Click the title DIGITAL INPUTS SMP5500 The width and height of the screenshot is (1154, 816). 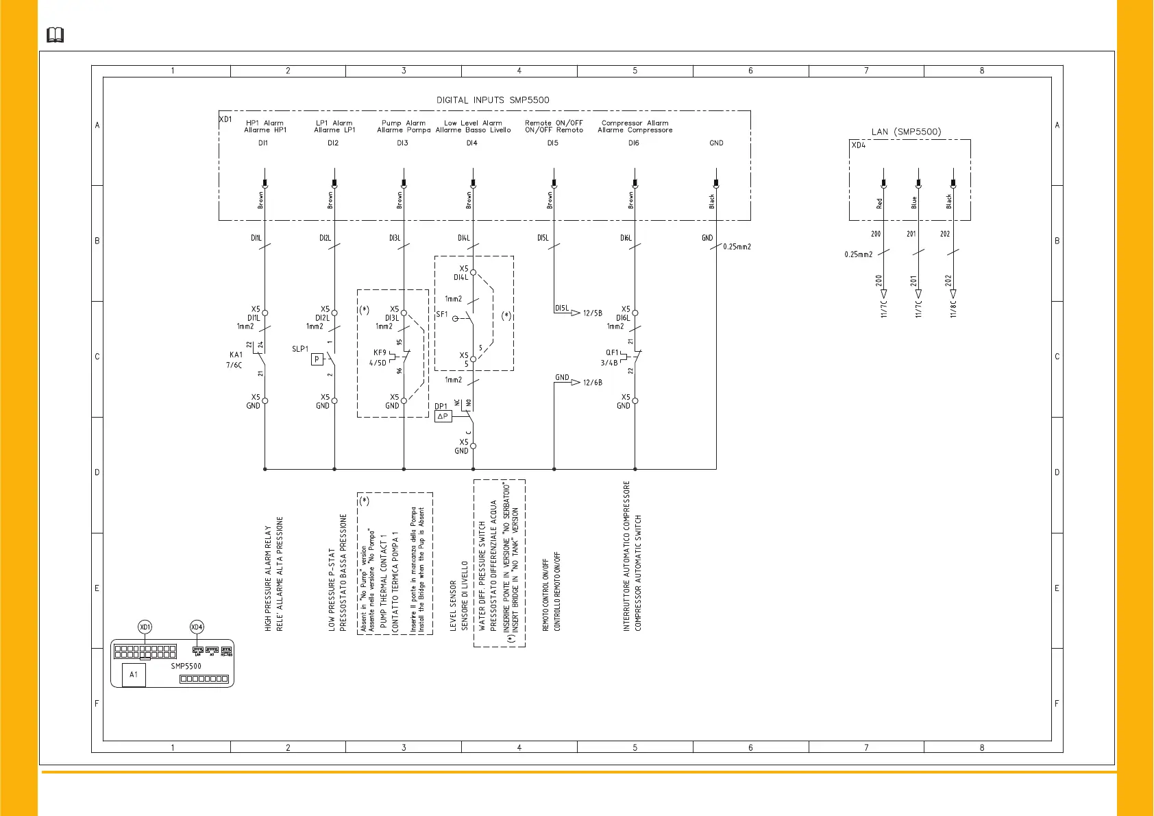493,100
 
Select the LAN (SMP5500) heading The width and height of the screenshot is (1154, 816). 906,132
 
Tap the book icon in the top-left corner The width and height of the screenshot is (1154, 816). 55,35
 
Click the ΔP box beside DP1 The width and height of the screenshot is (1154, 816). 443,416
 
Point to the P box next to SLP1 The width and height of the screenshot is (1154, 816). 317,359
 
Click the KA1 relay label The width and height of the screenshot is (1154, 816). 236,355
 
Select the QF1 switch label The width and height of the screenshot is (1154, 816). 612,353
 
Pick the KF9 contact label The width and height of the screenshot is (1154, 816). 380,353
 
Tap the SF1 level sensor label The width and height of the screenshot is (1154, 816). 442,315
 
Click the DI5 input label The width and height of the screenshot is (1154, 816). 552,143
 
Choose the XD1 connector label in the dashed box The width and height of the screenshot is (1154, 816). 225,119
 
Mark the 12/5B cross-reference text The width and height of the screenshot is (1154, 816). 593,313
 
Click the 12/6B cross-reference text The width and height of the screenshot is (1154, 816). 593,383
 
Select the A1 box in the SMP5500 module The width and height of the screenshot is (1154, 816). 134,675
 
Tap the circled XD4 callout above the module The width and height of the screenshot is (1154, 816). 197,627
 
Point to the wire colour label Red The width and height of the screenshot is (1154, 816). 880,204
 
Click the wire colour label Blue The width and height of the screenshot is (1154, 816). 914,203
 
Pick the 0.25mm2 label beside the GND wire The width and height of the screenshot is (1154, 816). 737,247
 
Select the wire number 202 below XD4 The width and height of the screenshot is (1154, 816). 945,234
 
